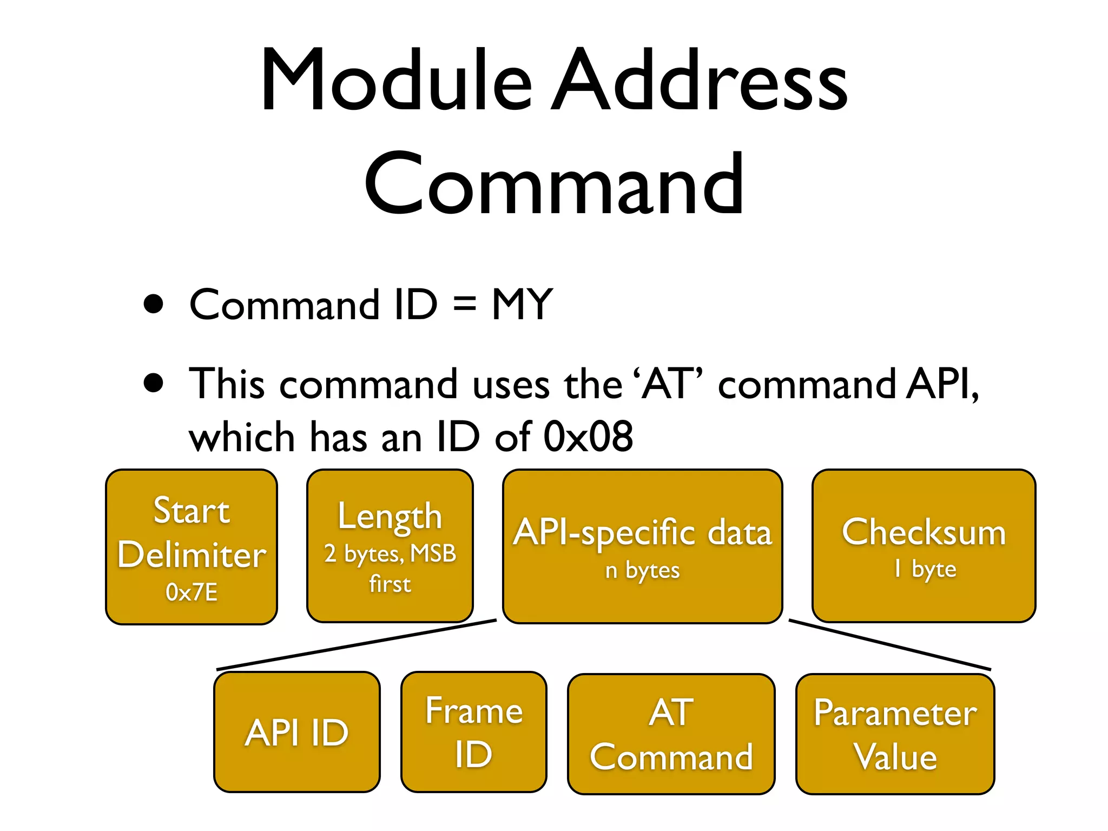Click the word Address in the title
701,81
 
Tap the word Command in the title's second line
554,184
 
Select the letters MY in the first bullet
522,304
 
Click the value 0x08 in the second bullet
588,437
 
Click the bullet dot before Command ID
154,304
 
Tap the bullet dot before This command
154,383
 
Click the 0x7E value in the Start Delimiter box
192,592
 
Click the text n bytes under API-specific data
642,571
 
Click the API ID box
296,733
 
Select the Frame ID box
473,733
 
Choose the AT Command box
671,734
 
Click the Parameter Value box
895,734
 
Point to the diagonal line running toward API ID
357,645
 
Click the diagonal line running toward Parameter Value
890,645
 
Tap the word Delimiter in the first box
192,555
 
